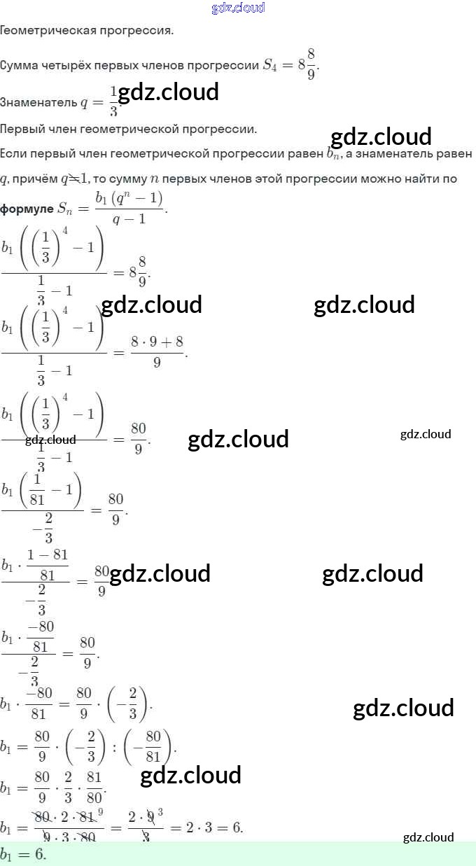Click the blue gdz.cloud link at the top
coord(238,8)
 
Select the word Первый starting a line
coord(21,130)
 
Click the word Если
coord(13,153)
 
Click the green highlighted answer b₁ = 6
coord(23,855)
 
